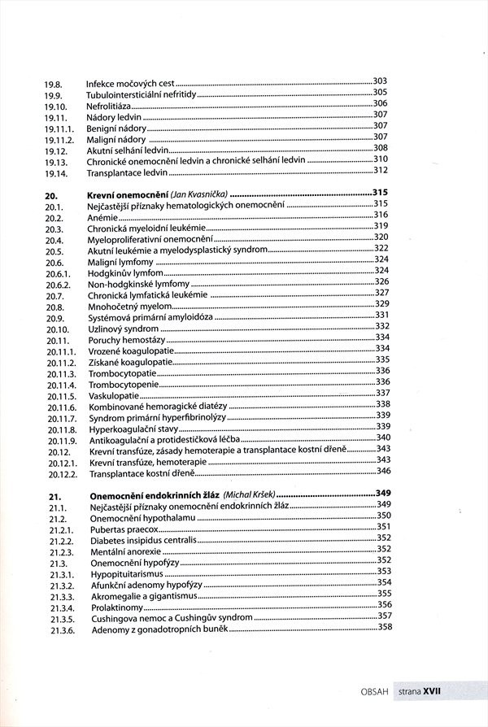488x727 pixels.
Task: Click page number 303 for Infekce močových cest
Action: point(380,81)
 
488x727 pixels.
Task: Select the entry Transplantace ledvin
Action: point(129,172)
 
